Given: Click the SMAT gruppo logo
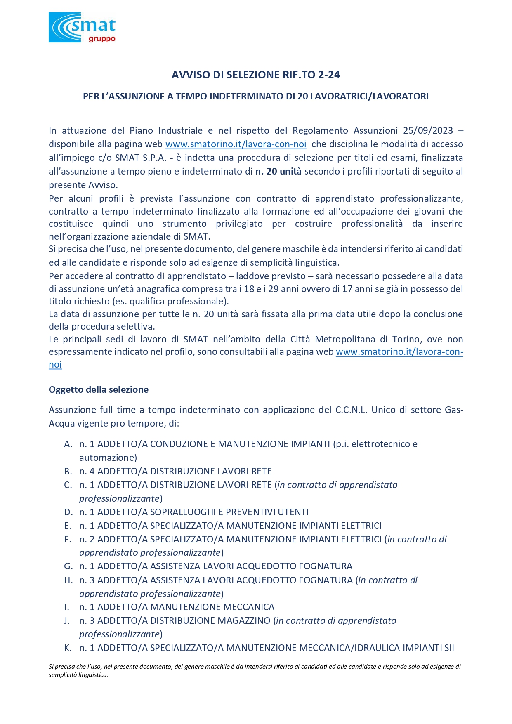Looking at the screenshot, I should [82, 27].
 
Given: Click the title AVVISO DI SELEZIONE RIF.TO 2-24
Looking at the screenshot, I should [256, 75].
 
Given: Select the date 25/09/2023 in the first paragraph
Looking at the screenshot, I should [428, 131].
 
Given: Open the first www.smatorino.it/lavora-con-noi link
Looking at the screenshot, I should [236, 144].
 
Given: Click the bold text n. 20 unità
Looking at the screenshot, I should [278, 172].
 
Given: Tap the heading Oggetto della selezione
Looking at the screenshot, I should [99, 390].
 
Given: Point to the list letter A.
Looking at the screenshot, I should [68, 444].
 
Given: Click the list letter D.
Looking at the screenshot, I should [68, 512].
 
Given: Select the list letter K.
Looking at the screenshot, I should [68, 648].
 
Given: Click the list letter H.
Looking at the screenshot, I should [68, 580].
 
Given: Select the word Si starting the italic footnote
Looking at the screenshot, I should [51, 666].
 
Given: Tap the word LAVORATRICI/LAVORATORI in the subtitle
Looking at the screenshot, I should [369, 97].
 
